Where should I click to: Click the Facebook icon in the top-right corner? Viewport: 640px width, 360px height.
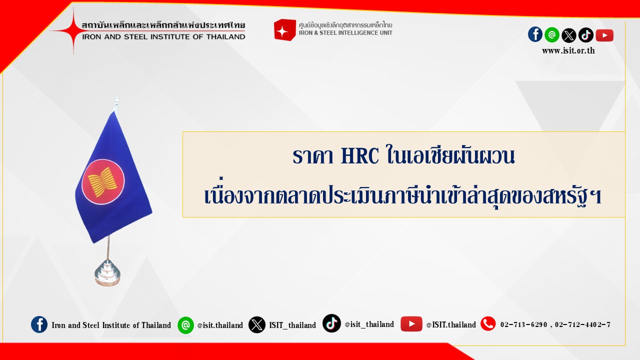point(535,34)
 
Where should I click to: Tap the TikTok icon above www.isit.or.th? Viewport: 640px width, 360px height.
point(585,35)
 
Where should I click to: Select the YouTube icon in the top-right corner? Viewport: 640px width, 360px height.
point(604,35)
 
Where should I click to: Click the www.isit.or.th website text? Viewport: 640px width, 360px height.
point(568,51)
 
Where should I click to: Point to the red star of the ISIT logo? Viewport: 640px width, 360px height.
point(73,30)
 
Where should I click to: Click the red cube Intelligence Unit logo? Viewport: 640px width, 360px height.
point(284,30)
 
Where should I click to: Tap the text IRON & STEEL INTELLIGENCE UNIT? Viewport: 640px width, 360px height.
point(345,33)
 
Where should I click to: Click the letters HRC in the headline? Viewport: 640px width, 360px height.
point(359,155)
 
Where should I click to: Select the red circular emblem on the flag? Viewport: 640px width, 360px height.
point(103,181)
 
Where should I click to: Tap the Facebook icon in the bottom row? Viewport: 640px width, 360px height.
point(39,324)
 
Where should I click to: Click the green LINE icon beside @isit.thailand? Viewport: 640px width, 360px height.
point(185,325)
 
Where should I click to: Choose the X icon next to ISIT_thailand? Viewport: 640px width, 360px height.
point(257,325)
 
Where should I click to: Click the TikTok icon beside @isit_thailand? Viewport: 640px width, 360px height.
point(331,323)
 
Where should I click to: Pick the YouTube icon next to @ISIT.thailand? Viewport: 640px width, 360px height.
point(411,324)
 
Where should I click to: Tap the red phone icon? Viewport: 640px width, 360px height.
point(488,324)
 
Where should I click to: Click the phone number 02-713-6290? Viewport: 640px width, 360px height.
point(523,325)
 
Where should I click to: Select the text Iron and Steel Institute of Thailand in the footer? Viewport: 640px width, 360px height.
point(111,325)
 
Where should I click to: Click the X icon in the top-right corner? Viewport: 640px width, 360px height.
point(569,35)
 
